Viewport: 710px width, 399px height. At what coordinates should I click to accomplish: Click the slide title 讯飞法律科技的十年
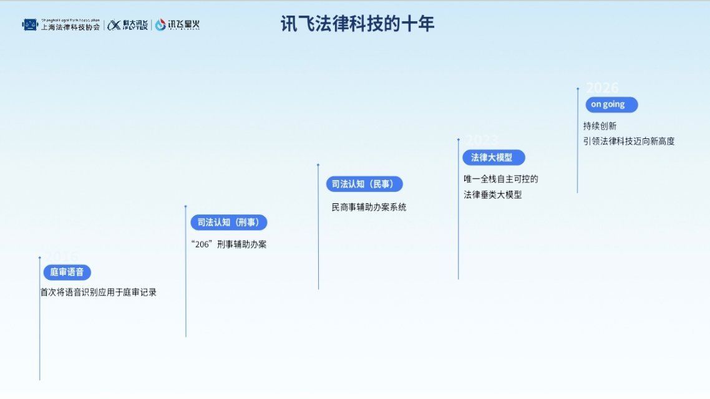(357, 24)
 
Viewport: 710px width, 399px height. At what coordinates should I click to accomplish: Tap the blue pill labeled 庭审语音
(67, 272)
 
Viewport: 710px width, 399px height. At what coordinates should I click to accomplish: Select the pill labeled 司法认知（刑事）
(228, 222)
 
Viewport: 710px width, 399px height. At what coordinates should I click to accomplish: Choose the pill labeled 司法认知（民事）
(364, 184)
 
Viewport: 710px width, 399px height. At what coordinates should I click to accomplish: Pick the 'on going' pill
(611, 104)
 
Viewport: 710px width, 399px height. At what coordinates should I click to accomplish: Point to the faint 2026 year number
(602, 88)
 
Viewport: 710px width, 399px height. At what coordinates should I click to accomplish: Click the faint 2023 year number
(481, 140)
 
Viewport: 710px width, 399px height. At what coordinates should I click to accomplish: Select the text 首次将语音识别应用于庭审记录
(99, 292)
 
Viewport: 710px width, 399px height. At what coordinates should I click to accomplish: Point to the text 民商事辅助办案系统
(369, 207)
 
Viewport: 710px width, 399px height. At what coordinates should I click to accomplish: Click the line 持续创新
(600, 125)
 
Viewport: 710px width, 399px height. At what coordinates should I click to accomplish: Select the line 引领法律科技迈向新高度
(628, 141)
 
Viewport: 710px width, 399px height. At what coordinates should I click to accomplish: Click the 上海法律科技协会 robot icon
(30, 24)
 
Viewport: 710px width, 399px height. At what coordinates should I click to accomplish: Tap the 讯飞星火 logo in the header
(178, 24)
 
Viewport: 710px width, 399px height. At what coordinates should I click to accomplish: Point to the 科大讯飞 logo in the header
(127, 24)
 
